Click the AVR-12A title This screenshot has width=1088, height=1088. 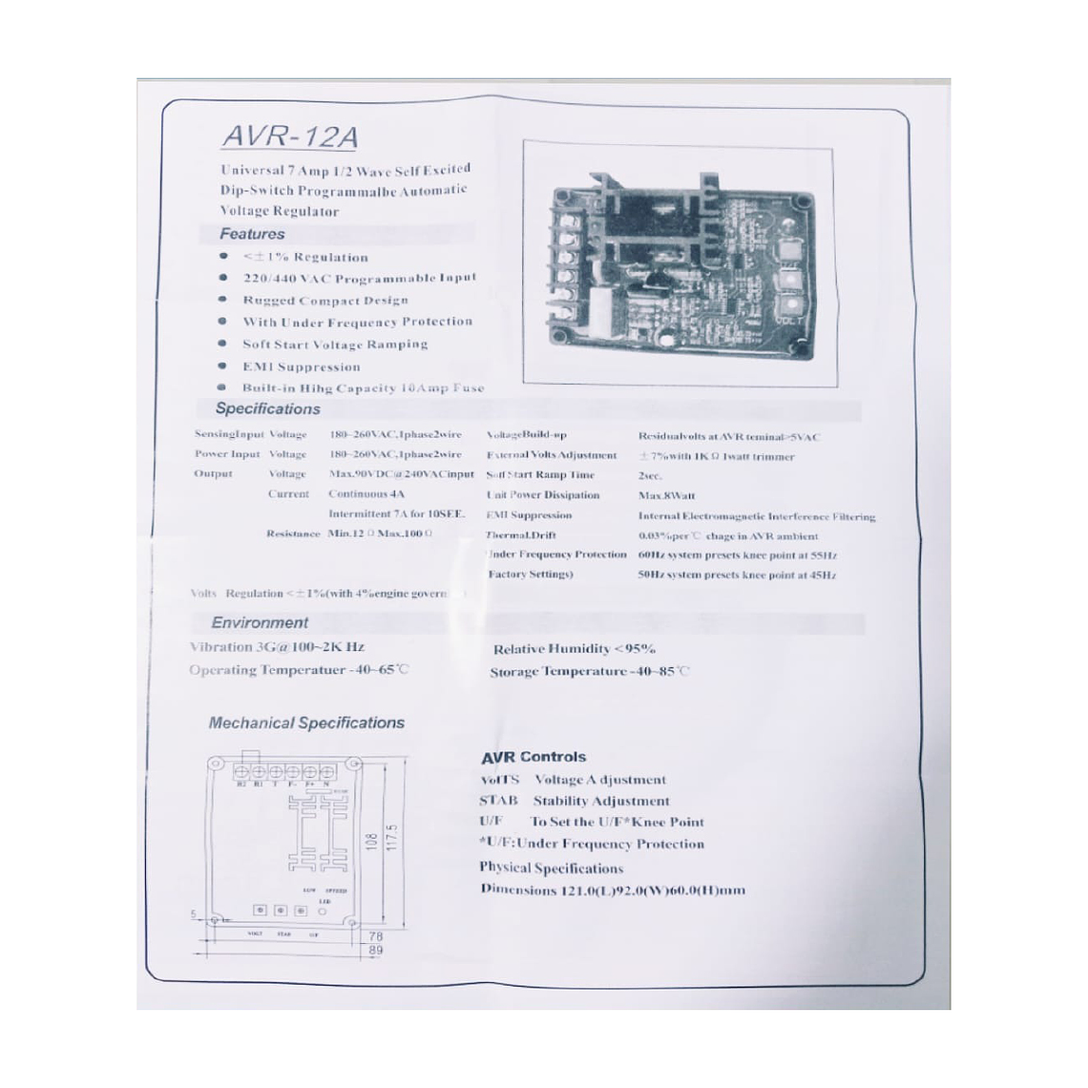coord(290,136)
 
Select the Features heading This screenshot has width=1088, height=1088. coord(252,234)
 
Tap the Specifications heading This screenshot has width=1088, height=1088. coord(267,408)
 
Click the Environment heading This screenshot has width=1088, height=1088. coord(260,622)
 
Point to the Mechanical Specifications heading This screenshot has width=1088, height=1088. coord(306,722)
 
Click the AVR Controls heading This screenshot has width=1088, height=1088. coord(534,757)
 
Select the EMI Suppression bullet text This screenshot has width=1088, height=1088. coord(301,366)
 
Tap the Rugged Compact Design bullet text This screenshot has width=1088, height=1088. coord(324,300)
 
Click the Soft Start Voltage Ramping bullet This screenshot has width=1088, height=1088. coord(334,345)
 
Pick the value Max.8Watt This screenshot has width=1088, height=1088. coord(666,495)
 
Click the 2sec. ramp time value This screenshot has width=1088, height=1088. coord(650,475)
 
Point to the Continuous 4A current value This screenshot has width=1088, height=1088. coord(366,494)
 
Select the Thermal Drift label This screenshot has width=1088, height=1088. coord(520,535)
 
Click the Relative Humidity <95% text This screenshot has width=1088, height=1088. coord(574,649)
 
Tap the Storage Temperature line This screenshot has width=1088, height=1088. coord(588,672)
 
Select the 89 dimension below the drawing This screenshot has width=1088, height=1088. coord(375,951)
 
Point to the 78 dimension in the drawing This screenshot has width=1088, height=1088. coord(375,937)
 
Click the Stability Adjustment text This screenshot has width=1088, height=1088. coord(601,801)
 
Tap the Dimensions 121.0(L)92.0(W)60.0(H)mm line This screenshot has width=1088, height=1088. coord(612,890)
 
